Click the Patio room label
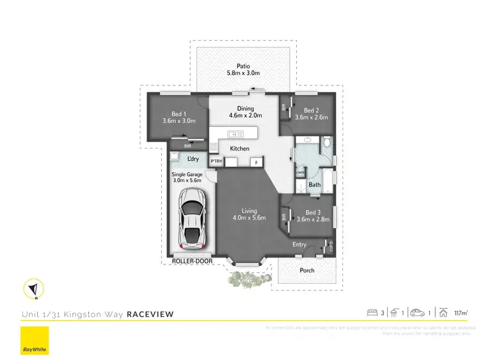[243, 65]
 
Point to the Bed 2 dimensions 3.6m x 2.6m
[311, 117]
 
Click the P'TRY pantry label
[216, 161]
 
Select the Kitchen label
[239, 149]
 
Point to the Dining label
[246, 108]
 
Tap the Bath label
[315, 185]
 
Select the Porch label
[307, 270]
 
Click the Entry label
[300, 245]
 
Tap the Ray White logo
[35, 341]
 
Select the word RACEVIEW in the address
[150, 314]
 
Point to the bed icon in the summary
[372, 313]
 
